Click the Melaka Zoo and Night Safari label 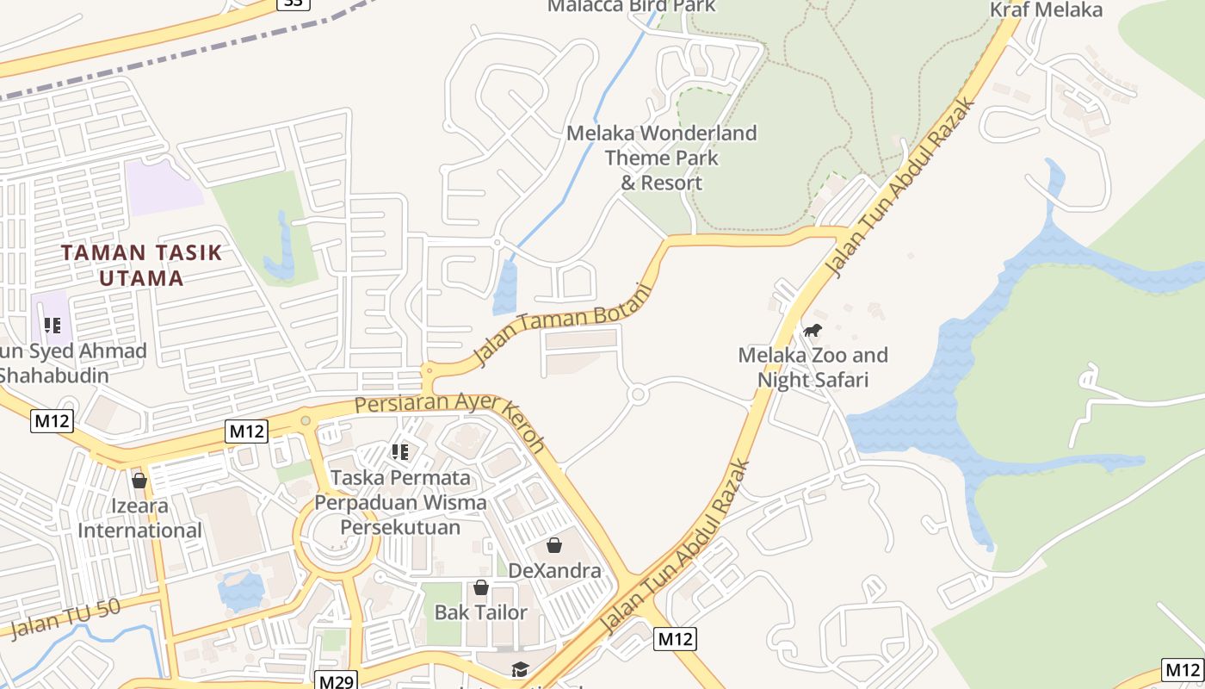[813, 367]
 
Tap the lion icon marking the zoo [812, 331]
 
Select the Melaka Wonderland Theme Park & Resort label [662, 158]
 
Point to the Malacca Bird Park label [633, 6]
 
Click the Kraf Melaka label [1046, 10]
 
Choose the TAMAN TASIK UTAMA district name [142, 265]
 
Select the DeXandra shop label [554, 570]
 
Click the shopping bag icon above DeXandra [554, 545]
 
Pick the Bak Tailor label [481, 612]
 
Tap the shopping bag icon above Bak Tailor [481, 587]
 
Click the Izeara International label [139, 518]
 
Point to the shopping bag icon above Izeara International [139, 480]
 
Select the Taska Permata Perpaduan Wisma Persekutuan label [400, 502]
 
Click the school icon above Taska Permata [399, 451]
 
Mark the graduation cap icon [520, 669]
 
